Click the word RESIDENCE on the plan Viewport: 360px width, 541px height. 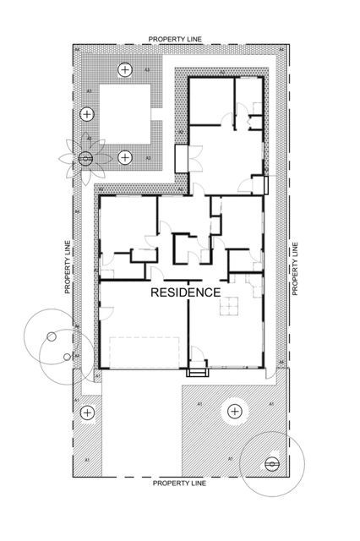[185, 292]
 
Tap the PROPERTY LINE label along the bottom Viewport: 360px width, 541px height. [178, 484]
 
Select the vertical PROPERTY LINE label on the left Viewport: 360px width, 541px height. [67, 266]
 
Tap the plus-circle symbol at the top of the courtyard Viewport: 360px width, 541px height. [125, 69]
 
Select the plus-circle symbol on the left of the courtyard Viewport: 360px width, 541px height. [87, 114]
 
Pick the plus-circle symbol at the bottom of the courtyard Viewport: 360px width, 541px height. [125, 156]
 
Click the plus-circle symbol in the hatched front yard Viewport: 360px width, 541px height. [234, 412]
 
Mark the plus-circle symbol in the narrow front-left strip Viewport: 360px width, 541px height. [86, 413]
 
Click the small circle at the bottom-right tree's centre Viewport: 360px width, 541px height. [271, 463]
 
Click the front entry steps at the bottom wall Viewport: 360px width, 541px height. [198, 369]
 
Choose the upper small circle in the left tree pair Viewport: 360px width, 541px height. [52, 336]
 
